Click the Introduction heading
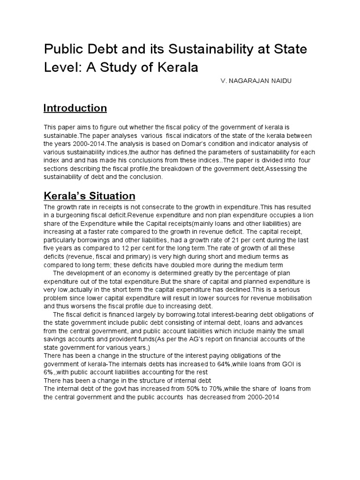click(75, 108)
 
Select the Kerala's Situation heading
click(89, 195)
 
